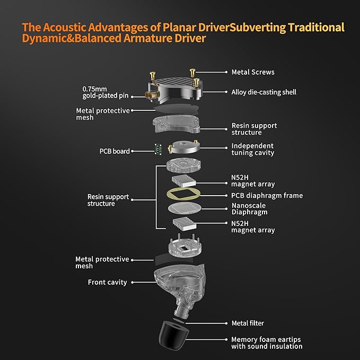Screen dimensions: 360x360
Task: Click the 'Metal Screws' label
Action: (252, 72)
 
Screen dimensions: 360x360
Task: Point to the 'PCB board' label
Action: (114, 151)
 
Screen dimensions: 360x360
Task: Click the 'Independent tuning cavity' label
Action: (252, 150)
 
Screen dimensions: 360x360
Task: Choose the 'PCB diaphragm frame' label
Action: (267, 196)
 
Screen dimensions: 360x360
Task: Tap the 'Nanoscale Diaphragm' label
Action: (249, 209)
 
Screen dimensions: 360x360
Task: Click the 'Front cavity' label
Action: (107, 283)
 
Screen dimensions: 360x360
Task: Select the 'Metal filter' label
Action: (248, 323)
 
